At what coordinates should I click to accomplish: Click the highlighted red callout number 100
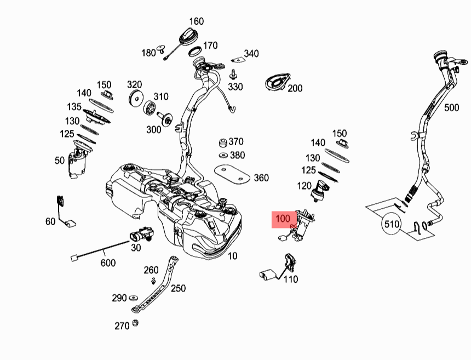(283, 219)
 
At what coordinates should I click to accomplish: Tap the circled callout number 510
(392, 224)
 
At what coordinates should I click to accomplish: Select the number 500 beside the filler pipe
(451, 108)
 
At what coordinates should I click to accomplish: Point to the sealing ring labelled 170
(193, 52)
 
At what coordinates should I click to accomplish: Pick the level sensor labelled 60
(66, 214)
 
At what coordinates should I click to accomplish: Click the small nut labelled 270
(135, 323)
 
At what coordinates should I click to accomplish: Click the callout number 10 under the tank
(232, 256)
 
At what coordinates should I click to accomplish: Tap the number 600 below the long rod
(108, 263)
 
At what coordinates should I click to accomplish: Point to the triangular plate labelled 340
(237, 60)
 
